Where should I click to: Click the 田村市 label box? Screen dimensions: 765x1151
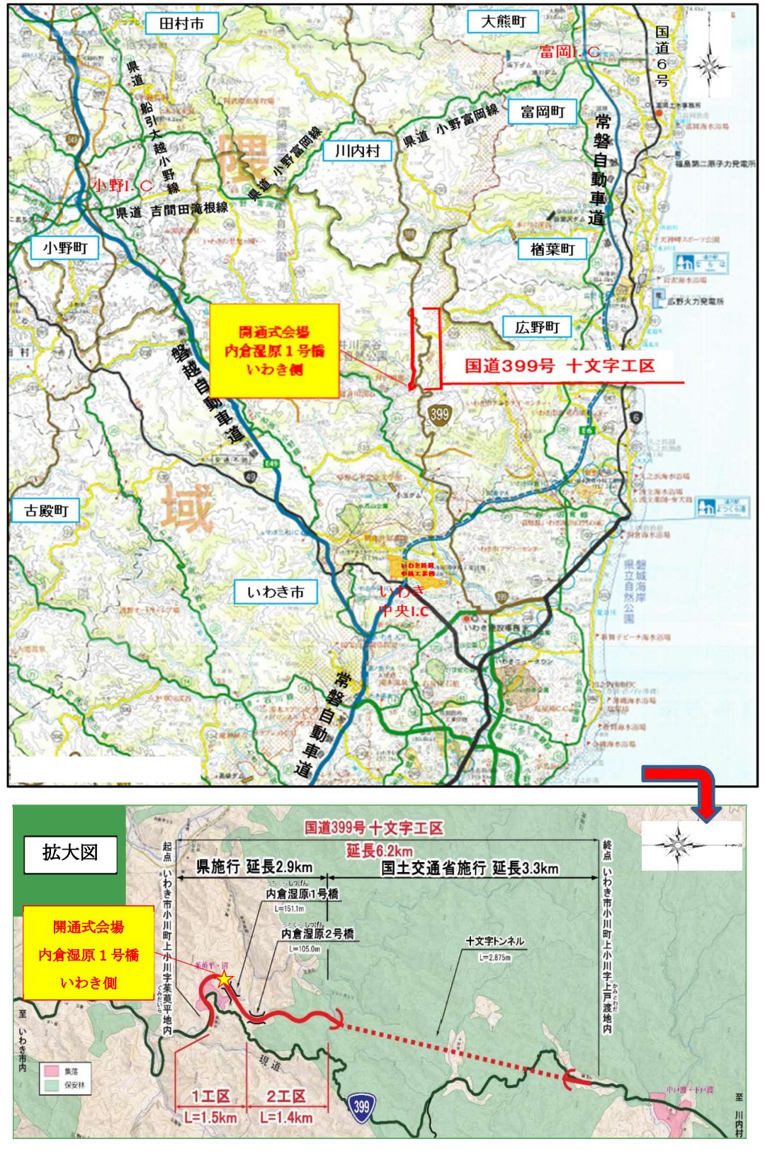pos(181,23)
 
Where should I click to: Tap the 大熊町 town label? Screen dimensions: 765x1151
pos(503,22)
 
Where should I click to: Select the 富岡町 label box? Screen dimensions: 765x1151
pos(543,112)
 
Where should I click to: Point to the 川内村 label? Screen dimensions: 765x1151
pos(358,151)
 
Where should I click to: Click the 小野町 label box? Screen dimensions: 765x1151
pos(64,248)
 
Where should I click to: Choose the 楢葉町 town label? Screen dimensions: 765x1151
pos(552,249)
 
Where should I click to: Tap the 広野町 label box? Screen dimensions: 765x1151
pos(537,327)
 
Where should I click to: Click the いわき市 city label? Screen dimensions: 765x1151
pos(276,592)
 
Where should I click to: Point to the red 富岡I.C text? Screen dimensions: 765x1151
pos(569,52)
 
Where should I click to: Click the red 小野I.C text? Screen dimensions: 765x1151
pos(122,185)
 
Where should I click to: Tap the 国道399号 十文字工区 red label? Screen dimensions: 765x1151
pos(559,366)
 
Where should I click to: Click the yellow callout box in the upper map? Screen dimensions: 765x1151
pos(274,350)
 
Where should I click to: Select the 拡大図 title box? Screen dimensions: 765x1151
pos(70,853)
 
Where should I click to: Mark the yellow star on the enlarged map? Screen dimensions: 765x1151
pos(225,980)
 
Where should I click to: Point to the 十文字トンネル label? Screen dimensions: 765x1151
pos(494,941)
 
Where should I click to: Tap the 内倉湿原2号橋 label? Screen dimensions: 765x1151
pos(317,934)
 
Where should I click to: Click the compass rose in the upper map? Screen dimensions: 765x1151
pos(708,68)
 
